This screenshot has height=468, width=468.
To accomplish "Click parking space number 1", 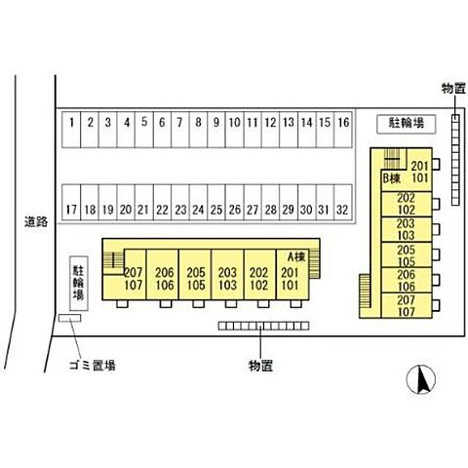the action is [71, 130].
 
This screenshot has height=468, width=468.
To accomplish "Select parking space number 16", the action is [343, 130].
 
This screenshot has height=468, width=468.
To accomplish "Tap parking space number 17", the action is [71, 203].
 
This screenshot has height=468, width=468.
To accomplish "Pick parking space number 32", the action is [343, 203].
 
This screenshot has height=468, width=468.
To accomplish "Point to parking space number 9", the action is [216, 130].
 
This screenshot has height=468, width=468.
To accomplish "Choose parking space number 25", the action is [216, 203].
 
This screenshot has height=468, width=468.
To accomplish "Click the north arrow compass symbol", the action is [421, 379].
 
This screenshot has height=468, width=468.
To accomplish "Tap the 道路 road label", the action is [36, 221].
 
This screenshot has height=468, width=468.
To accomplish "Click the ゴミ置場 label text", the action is [93, 366].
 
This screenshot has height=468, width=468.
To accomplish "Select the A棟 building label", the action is [296, 256].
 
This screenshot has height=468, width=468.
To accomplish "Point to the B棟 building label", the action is [392, 178].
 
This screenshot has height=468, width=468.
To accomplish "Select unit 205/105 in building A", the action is [195, 274].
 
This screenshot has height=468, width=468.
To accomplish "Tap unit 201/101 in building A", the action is [292, 274].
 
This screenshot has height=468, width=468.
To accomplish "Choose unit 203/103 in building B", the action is [407, 229].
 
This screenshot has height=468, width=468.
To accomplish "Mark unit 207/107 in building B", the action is [407, 305].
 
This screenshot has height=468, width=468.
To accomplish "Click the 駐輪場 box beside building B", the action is [407, 124].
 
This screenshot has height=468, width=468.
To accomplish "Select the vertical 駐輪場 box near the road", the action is [79, 283].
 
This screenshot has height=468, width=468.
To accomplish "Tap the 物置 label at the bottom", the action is [260, 366].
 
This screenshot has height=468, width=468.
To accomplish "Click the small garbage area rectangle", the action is [69, 318].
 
